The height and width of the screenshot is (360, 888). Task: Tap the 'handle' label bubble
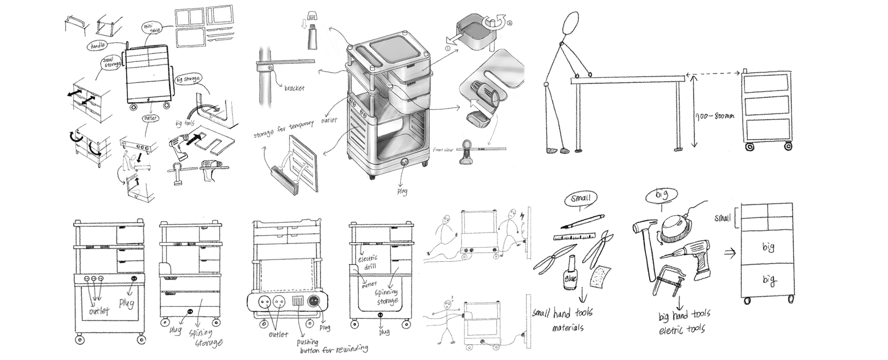(x=97, y=45)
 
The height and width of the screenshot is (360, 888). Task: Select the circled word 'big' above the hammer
(x=662, y=195)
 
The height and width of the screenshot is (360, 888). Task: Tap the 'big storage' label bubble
(x=188, y=79)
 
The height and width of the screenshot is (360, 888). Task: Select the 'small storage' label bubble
(x=111, y=62)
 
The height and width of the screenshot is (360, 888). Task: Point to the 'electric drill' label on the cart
(x=368, y=261)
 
